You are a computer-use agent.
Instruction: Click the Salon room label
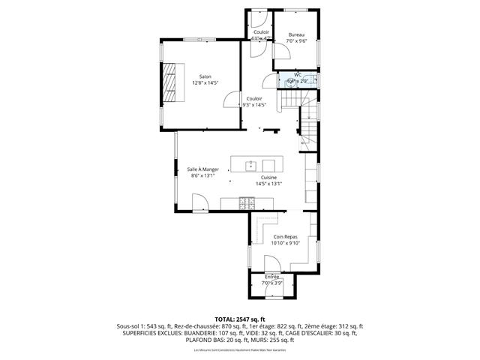[205, 76]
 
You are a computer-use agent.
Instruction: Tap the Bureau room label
[297, 35]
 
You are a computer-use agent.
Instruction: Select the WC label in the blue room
[297, 75]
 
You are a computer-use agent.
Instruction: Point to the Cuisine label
[268, 177]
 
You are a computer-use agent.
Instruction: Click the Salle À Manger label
[202, 169]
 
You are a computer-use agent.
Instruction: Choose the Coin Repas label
[285, 236]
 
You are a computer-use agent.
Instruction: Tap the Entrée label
[271, 277]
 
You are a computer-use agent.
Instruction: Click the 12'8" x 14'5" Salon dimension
[205, 82]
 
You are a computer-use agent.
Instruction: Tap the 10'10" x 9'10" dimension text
[285, 242]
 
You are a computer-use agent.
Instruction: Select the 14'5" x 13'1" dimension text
[268, 183]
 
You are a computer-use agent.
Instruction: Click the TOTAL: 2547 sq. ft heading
[239, 319]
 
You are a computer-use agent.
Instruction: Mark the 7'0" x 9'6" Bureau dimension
[297, 41]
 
